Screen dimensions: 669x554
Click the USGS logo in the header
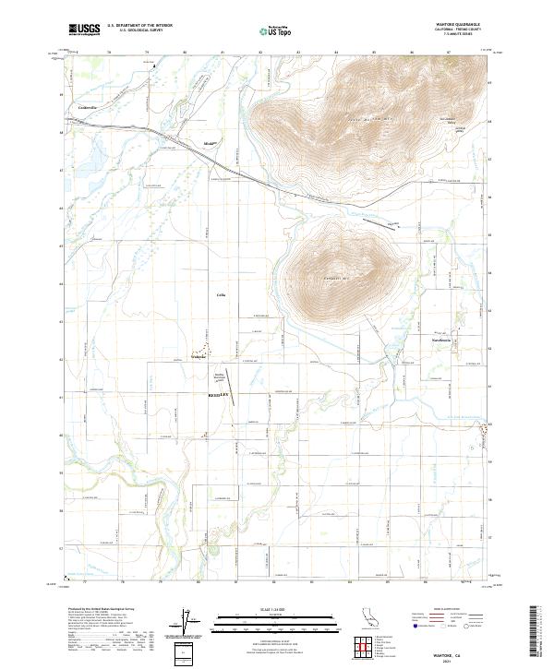pyautogui.click(x=85, y=30)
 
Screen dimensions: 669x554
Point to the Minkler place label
pyautogui.click(x=209, y=143)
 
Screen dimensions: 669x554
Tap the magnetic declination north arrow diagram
pyautogui.click(x=191, y=621)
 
